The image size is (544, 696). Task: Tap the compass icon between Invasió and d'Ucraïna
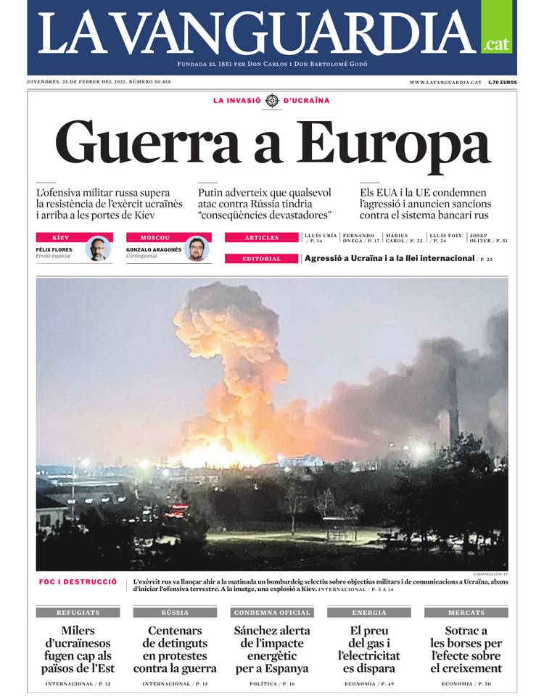(272, 101)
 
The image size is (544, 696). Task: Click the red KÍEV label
(61, 238)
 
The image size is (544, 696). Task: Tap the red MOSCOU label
(154, 238)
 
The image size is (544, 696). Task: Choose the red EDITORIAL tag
(261, 259)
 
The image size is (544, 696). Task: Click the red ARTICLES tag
(261, 238)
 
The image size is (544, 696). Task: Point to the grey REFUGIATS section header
(78, 613)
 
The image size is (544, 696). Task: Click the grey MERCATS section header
(466, 613)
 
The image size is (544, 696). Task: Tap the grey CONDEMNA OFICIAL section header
(271, 613)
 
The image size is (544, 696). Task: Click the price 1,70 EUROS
(502, 83)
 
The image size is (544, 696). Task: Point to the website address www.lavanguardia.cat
(445, 83)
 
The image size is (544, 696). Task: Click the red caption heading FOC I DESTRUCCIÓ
(78, 581)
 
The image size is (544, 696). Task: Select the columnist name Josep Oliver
(487, 238)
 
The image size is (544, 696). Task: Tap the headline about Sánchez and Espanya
(271, 650)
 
